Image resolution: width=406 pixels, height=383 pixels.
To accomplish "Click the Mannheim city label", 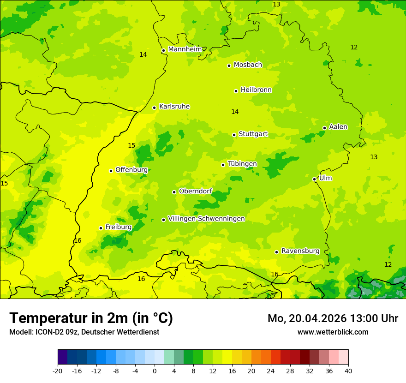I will (x=185, y=49).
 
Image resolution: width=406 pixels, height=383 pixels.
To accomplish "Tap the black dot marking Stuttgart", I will (x=234, y=135).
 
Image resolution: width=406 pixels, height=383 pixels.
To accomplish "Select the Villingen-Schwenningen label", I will (x=206, y=219).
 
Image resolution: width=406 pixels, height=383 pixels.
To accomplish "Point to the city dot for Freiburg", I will (x=101, y=228).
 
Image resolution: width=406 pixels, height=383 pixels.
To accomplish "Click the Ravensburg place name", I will (x=300, y=251).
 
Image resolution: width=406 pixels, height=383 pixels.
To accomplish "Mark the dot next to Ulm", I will (x=315, y=179).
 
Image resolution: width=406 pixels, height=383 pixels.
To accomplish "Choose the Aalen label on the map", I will (x=338, y=127).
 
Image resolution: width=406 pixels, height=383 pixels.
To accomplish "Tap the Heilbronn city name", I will (x=256, y=90).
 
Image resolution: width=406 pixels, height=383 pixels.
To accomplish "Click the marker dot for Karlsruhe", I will (x=155, y=108).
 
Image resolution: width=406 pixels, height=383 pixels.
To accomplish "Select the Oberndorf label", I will (x=195, y=191).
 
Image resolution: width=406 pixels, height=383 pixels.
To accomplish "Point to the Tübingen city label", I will (x=242, y=164).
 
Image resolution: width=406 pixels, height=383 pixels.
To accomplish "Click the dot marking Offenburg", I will (x=111, y=171).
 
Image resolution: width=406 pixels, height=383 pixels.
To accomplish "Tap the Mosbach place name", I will (x=248, y=65).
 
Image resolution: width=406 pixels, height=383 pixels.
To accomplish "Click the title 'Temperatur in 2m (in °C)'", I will (x=91, y=318).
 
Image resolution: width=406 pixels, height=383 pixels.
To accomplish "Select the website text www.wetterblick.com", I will (x=333, y=332).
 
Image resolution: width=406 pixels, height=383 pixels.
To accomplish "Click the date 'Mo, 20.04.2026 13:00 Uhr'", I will (x=333, y=318).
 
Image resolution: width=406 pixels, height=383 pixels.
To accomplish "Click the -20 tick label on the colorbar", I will (x=58, y=371).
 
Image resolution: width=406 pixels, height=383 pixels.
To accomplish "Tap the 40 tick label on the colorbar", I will (x=348, y=371).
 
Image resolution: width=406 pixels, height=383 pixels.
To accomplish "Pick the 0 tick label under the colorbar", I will (x=155, y=371).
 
